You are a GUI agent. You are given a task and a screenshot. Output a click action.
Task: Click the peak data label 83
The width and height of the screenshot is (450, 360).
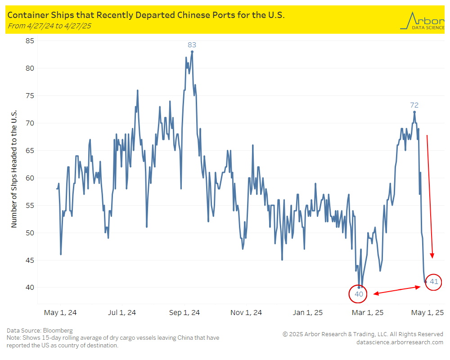click(192, 45)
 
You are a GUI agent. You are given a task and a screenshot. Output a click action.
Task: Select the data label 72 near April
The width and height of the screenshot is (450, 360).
click(414, 105)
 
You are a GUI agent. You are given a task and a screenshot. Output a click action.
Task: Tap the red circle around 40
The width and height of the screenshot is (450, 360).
click(359, 294)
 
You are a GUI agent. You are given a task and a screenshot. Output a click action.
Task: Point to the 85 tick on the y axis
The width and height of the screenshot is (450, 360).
click(30, 41)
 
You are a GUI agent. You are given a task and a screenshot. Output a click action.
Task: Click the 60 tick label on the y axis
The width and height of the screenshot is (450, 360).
click(30, 178)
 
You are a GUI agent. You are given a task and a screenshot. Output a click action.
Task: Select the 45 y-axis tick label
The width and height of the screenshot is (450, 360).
click(30, 260)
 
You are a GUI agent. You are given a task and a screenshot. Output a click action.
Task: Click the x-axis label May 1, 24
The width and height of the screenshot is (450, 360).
click(60, 312)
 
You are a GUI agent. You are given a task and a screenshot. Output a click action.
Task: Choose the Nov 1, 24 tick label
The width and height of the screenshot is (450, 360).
click(246, 312)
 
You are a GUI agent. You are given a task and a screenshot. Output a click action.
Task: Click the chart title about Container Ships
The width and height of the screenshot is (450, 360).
click(146, 15)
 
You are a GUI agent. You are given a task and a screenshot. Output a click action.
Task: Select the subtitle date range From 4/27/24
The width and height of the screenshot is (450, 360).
click(49, 26)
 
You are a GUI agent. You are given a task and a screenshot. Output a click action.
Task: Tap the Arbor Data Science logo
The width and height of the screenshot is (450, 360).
click(422, 21)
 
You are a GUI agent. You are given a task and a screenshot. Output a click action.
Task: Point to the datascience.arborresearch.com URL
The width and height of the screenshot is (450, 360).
click(400, 342)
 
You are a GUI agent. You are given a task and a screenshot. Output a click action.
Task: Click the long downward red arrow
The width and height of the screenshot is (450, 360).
click(430, 196)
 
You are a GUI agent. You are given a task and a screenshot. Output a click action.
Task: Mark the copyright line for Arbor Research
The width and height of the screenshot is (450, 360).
click(363, 334)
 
